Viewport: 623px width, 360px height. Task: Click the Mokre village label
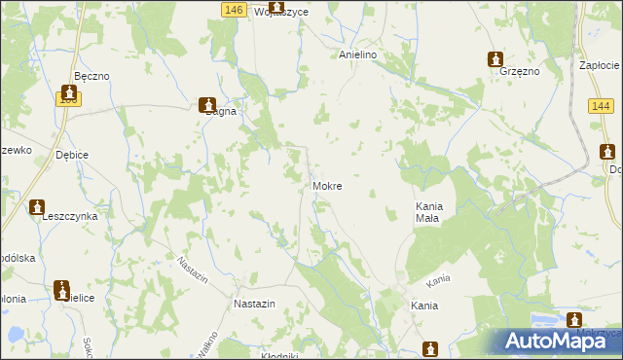pyautogui.click(x=327, y=185)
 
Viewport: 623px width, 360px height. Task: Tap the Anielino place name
pyautogui.click(x=357, y=55)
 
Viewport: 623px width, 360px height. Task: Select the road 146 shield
pyautogui.click(x=232, y=9)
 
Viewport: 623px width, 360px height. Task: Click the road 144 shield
pyautogui.click(x=600, y=105)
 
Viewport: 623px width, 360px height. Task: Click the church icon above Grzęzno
pyautogui.click(x=495, y=58)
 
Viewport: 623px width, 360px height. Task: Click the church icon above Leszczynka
pyautogui.click(x=37, y=207)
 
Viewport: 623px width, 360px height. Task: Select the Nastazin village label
pyautogui.click(x=255, y=304)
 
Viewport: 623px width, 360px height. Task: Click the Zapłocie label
pyautogui.click(x=600, y=64)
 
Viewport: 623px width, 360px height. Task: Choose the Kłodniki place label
pyautogui.click(x=279, y=355)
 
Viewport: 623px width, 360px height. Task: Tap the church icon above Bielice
pyautogui.click(x=64, y=288)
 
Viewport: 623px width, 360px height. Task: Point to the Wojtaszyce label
pyautogui.click(x=280, y=12)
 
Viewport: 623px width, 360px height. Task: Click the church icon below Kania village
pyautogui.click(x=431, y=348)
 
